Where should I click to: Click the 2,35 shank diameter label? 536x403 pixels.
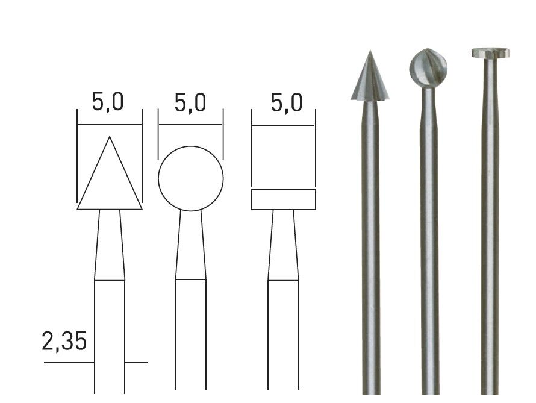pyautogui.click(x=64, y=341)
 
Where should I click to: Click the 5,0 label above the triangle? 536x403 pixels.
pyautogui.click(x=108, y=102)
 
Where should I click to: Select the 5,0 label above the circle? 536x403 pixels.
pyautogui.click(x=190, y=102)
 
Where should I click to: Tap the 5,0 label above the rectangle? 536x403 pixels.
pyautogui.click(x=287, y=102)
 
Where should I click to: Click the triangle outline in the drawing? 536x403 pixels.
pyautogui.click(x=93, y=173)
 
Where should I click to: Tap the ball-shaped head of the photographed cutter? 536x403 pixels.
pyautogui.click(x=428, y=67)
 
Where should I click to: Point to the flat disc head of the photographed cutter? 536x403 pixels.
pyautogui.click(x=490, y=52)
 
